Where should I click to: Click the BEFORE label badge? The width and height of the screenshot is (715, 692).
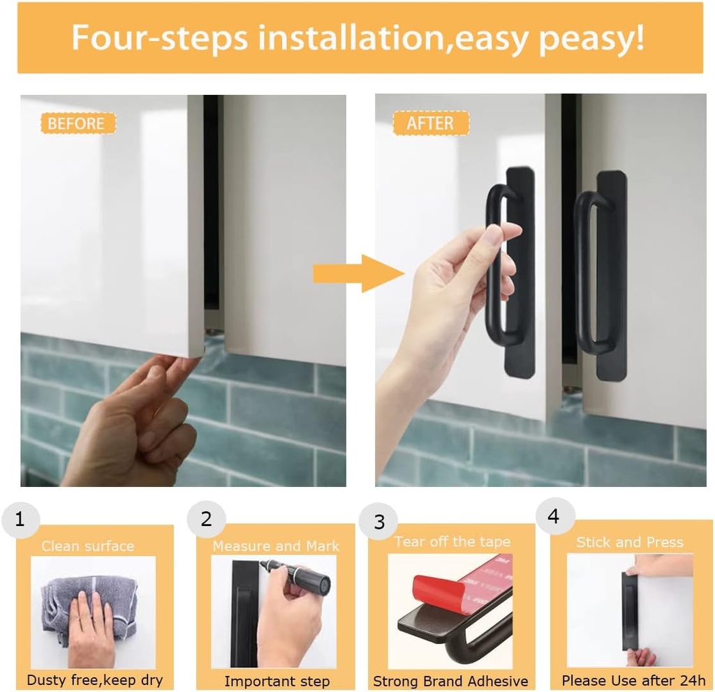point(77,124)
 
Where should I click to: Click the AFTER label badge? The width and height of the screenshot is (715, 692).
point(430,124)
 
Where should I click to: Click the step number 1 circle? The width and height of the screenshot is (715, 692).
point(20,520)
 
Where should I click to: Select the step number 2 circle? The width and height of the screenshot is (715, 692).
point(206,520)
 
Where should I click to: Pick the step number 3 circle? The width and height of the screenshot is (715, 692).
point(379,522)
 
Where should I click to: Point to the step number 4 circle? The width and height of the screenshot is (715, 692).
point(554,517)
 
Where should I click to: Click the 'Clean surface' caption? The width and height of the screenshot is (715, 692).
point(87,546)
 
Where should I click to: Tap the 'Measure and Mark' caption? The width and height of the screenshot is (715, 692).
point(276,546)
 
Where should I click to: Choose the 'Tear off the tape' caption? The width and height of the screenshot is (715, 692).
point(452,542)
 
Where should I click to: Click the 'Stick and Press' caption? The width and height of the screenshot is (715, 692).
point(630,542)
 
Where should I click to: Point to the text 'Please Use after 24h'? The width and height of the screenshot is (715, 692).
point(633,680)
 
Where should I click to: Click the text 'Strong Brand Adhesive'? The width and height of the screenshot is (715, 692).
point(450,681)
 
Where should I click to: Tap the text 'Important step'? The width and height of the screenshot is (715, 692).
point(277,681)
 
